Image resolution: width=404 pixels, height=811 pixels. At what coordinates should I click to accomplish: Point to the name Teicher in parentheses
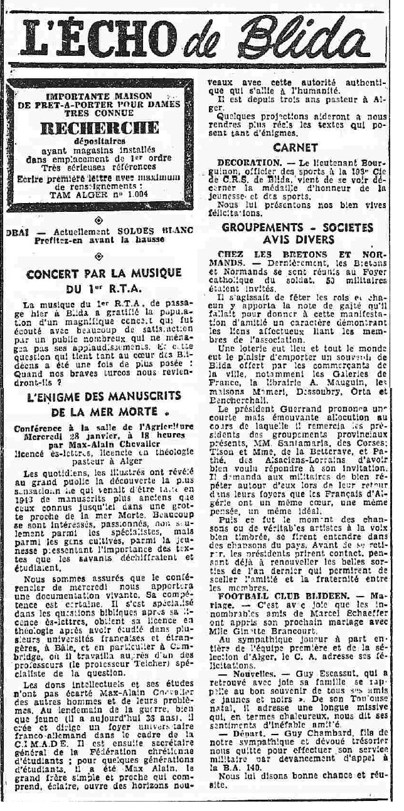point(134,647)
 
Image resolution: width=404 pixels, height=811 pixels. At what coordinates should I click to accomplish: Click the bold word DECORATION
point(238,162)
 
